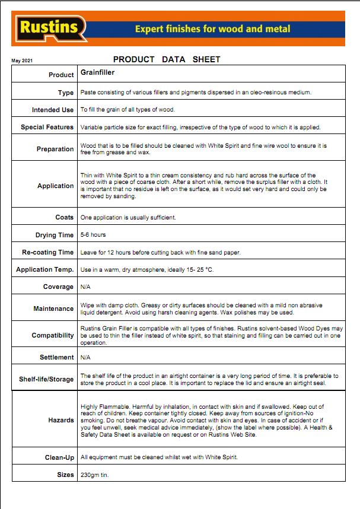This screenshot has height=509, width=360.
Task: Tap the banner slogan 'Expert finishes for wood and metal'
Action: (x=212, y=28)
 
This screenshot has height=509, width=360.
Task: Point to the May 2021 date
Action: (x=22, y=61)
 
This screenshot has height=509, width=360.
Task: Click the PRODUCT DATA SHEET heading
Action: (x=167, y=59)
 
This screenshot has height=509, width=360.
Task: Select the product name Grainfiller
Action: (x=97, y=73)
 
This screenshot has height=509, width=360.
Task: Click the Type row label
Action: (x=66, y=93)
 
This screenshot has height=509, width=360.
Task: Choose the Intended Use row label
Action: (x=53, y=110)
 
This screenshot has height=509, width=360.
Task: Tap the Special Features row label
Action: (x=47, y=127)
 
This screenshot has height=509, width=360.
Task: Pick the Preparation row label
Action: (x=55, y=149)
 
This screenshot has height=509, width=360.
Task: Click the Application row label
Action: (x=56, y=186)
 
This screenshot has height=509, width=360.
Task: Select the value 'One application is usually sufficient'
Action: (x=128, y=218)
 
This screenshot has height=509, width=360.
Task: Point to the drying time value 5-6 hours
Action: (x=93, y=235)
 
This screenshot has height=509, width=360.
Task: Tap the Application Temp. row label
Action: (x=45, y=269)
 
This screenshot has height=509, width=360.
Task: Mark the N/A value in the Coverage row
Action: (x=85, y=287)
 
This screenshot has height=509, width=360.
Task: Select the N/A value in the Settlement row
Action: (x=85, y=357)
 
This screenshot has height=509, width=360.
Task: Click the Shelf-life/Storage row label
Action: (x=46, y=379)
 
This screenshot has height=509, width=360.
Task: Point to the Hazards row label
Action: (x=61, y=420)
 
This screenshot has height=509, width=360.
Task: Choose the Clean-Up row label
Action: (x=59, y=457)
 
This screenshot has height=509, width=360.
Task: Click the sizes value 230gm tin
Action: (x=95, y=475)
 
